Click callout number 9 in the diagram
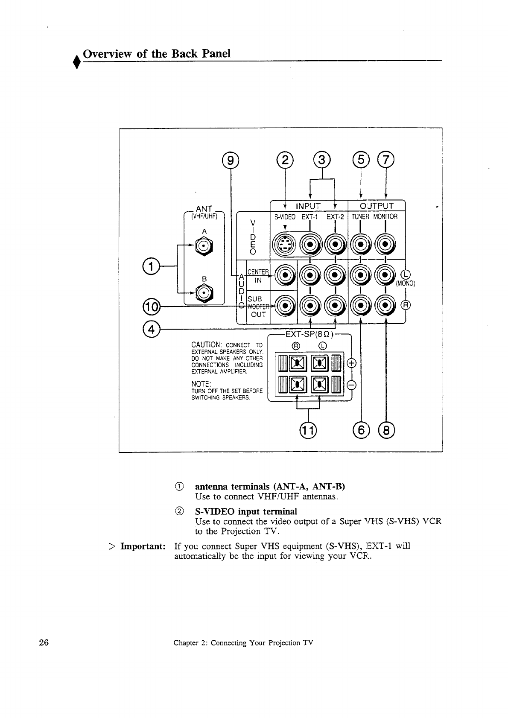231,161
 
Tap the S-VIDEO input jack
285,244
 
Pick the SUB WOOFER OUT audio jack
284,304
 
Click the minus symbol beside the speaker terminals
353,385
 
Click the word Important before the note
143,547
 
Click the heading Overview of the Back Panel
157,54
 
